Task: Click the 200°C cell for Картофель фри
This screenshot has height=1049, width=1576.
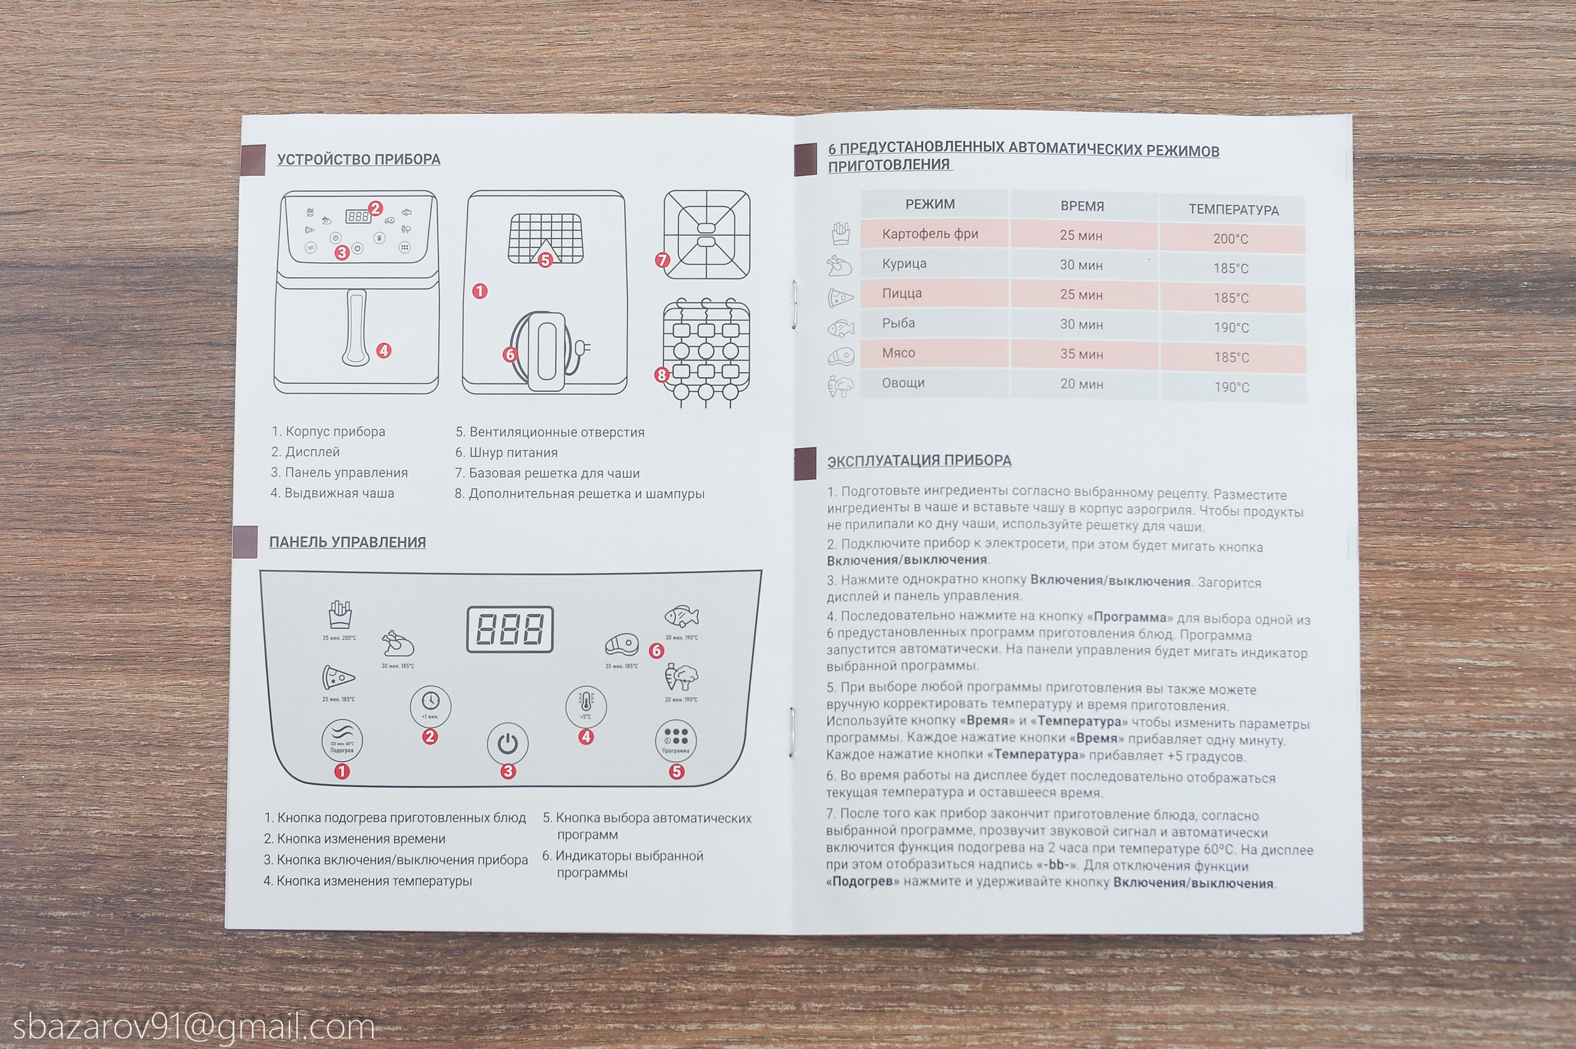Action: click(1231, 239)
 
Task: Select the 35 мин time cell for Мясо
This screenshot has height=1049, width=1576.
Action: click(1081, 354)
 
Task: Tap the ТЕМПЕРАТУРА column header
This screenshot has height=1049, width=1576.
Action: click(1233, 210)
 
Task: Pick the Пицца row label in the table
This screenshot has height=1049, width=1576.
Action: click(901, 293)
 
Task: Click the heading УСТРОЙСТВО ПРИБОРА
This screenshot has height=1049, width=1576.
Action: click(359, 159)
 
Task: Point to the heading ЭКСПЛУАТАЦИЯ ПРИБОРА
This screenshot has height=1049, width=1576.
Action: click(919, 460)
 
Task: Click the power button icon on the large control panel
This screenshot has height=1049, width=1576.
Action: click(507, 743)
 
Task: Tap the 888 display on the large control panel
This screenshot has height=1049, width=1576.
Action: click(510, 629)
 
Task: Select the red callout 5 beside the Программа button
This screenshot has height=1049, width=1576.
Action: click(677, 772)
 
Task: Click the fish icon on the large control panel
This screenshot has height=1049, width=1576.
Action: click(681, 615)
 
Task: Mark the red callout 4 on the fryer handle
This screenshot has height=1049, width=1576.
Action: click(383, 351)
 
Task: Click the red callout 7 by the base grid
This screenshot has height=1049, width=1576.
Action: click(663, 260)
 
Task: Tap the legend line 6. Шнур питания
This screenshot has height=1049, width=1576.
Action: click(506, 452)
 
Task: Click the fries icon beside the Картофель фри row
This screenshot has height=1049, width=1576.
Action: click(840, 233)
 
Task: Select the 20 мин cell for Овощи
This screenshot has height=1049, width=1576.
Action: click(1081, 384)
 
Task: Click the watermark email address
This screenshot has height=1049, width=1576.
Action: click(194, 1027)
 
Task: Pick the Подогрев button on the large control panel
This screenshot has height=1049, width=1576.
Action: click(342, 740)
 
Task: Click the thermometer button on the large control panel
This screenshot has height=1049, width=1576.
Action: click(586, 705)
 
